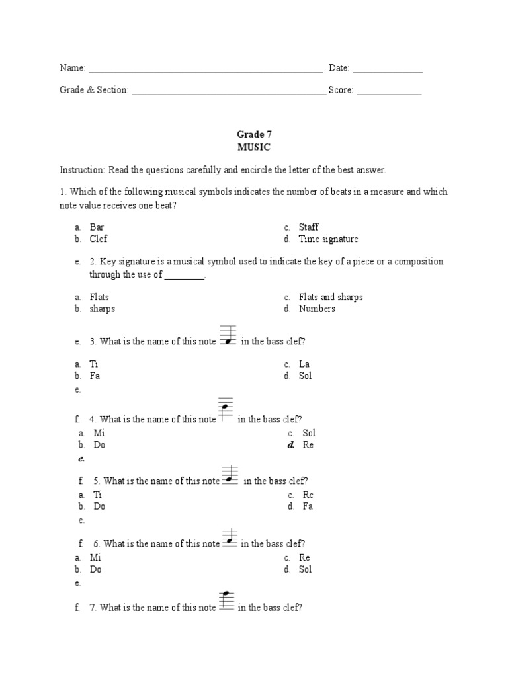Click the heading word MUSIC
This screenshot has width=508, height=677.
pyautogui.click(x=253, y=147)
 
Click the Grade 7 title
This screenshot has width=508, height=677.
pyautogui.click(x=254, y=134)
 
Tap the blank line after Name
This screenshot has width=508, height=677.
pyautogui.click(x=205, y=69)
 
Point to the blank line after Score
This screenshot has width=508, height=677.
pyautogui.click(x=389, y=91)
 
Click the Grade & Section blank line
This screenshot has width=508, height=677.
pyautogui.click(x=229, y=91)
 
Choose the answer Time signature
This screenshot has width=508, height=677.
pyautogui.click(x=328, y=239)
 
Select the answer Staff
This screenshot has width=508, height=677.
pyautogui.click(x=308, y=227)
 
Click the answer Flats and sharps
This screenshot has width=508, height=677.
pyautogui.click(x=331, y=297)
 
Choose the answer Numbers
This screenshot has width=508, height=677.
pyautogui.click(x=317, y=309)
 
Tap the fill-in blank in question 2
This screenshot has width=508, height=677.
pyautogui.click(x=185, y=275)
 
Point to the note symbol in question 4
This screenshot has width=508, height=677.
pyautogui.click(x=226, y=410)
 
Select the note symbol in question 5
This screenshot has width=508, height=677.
pyautogui.click(x=230, y=474)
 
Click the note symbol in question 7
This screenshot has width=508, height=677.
pyautogui.click(x=226, y=600)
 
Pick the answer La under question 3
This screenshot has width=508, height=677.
pyautogui.click(x=304, y=364)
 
